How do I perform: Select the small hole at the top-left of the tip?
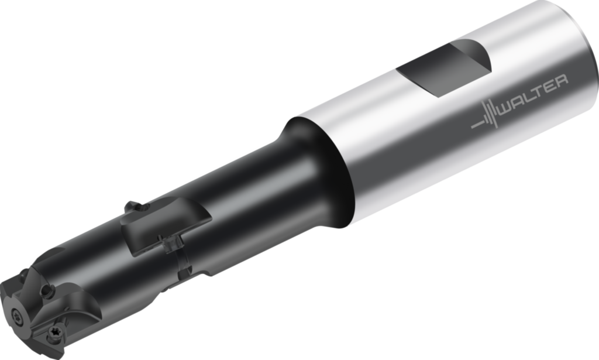23,272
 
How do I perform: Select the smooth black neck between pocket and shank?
257,187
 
